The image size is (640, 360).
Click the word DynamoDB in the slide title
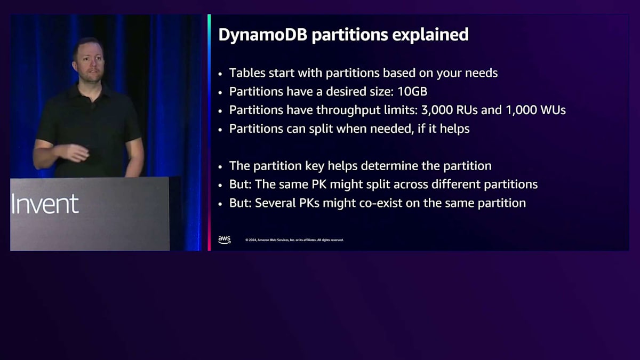click(x=263, y=35)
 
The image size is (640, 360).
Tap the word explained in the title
click(x=430, y=35)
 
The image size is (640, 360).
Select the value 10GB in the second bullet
click(x=412, y=92)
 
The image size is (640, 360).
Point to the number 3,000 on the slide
click(x=437, y=110)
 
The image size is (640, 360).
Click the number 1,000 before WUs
click(x=522, y=110)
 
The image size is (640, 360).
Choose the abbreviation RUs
click(x=467, y=110)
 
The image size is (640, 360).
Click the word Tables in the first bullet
click(x=247, y=73)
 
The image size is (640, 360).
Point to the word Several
click(x=275, y=203)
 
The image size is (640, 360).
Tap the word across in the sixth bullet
click(x=411, y=185)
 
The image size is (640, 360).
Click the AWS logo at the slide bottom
click(x=225, y=239)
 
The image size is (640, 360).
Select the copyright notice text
click(x=294, y=240)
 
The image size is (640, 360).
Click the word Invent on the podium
click(x=45, y=203)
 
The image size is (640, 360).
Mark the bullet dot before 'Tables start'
click(x=220, y=74)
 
